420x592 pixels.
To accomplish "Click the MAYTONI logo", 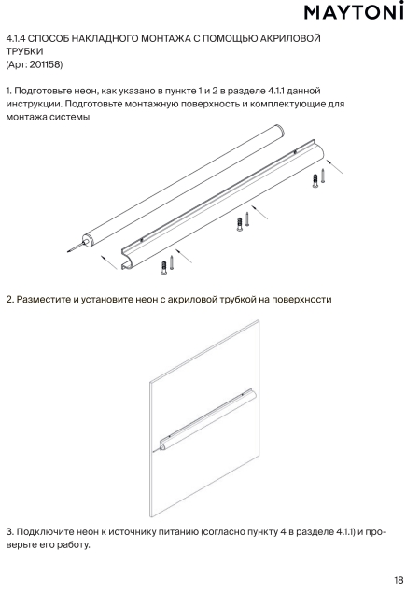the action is [x=354, y=11].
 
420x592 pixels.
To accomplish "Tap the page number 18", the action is [x=399, y=580].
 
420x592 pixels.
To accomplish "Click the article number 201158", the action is [x=45, y=64].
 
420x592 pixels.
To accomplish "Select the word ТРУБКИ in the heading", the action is [x=24, y=51].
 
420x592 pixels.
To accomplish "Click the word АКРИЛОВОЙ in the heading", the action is [x=290, y=38].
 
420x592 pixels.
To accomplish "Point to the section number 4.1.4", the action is [x=16, y=38].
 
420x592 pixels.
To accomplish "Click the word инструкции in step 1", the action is [x=34, y=104].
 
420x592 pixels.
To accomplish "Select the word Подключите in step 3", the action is [x=46, y=532].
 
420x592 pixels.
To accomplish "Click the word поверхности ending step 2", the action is [x=301, y=300].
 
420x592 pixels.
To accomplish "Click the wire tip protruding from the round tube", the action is [x=69, y=250].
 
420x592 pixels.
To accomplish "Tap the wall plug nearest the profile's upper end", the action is [x=315, y=181].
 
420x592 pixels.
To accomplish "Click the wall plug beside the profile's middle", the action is [x=239, y=224].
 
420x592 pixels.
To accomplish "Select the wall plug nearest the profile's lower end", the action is [x=164, y=267].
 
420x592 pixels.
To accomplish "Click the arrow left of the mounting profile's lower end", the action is [x=109, y=262].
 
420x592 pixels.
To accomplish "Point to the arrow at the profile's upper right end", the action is [x=334, y=166].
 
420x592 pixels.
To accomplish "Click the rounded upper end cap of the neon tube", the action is [x=280, y=131].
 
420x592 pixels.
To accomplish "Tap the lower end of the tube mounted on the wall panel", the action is [x=163, y=445].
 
